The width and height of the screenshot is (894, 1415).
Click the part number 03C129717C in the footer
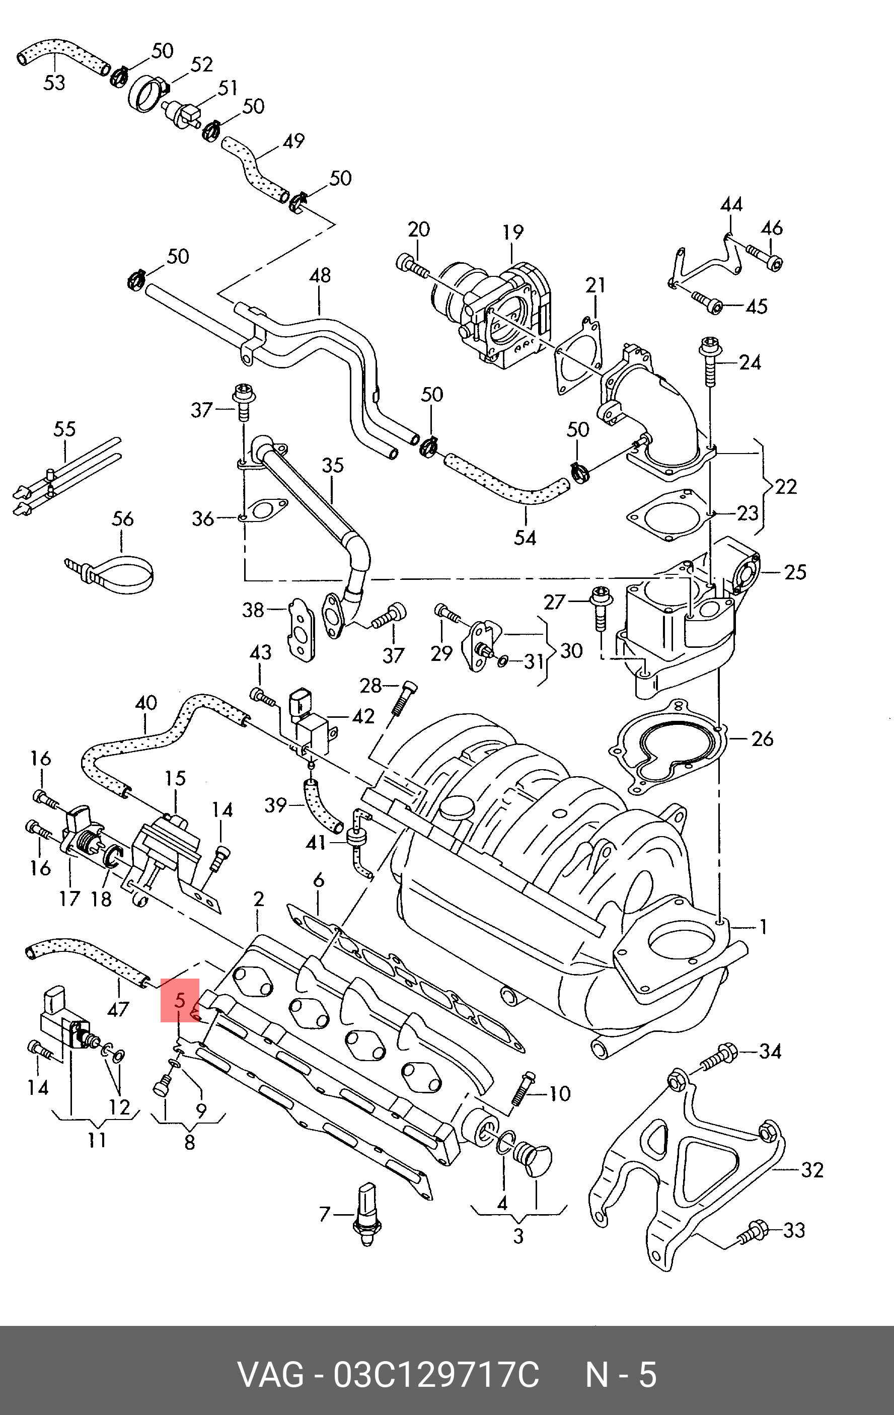[436, 1375]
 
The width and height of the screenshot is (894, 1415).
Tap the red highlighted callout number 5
[180, 1000]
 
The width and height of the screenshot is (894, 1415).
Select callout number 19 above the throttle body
[512, 233]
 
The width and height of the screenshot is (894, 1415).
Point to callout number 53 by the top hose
[54, 83]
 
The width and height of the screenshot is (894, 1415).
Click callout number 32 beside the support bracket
[812, 1170]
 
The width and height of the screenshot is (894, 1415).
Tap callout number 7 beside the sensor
[325, 1214]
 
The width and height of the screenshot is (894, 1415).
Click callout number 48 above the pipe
[320, 275]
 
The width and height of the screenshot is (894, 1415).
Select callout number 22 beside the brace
[786, 487]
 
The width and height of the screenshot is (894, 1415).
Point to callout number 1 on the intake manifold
[763, 928]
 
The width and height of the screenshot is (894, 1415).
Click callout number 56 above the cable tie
[122, 519]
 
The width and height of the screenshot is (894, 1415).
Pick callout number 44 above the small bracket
[731, 204]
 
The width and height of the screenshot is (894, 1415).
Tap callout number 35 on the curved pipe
[333, 466]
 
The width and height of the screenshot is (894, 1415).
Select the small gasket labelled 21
[578, 355]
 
